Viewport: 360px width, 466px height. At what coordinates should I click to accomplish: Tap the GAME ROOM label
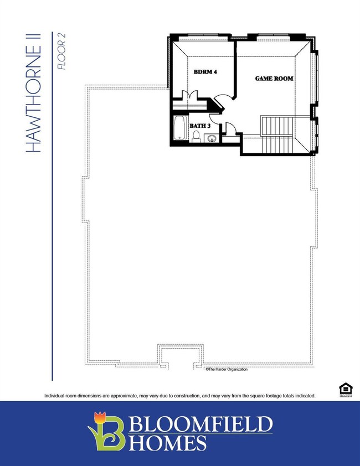pyautogui.click(x=274, y=79)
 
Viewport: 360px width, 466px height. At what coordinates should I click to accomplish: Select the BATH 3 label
pyautogui.click(x=200, y=126)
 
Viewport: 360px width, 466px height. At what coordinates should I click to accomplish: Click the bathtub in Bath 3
pyautogui.click(x=179, y=129)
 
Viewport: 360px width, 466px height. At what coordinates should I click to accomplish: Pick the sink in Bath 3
pyautogui.click(x=210, y=138)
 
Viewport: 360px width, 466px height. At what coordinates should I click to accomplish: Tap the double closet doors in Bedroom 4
pyautogui.click(x=189, y=95)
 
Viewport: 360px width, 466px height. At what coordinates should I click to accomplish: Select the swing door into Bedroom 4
pyautogui.click(x=219, y=101)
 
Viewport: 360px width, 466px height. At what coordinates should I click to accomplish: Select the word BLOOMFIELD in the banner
pyautogui.click(x=200, y=425)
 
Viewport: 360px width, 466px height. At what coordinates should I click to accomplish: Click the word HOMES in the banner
pyautogui.click(x=168, y=443)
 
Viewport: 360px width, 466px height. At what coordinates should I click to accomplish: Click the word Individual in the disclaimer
pyautogui.click(x=56, y=396)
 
